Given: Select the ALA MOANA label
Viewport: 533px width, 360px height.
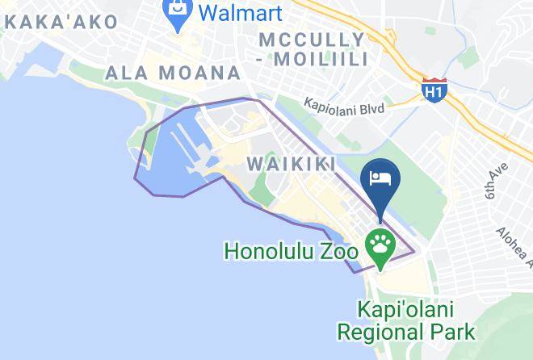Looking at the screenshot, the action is point(173,73).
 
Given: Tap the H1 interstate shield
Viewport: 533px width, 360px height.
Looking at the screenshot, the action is point(434,90).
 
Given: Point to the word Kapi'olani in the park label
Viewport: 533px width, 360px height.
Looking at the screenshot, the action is point(405,310).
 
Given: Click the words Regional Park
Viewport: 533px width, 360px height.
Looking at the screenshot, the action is point(405,331).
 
